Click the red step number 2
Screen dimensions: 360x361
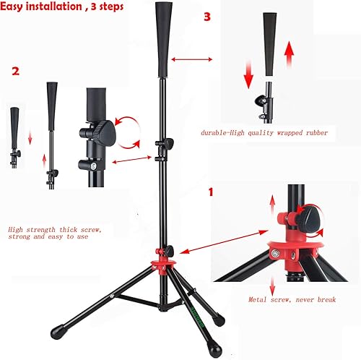(x=15, y=72)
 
